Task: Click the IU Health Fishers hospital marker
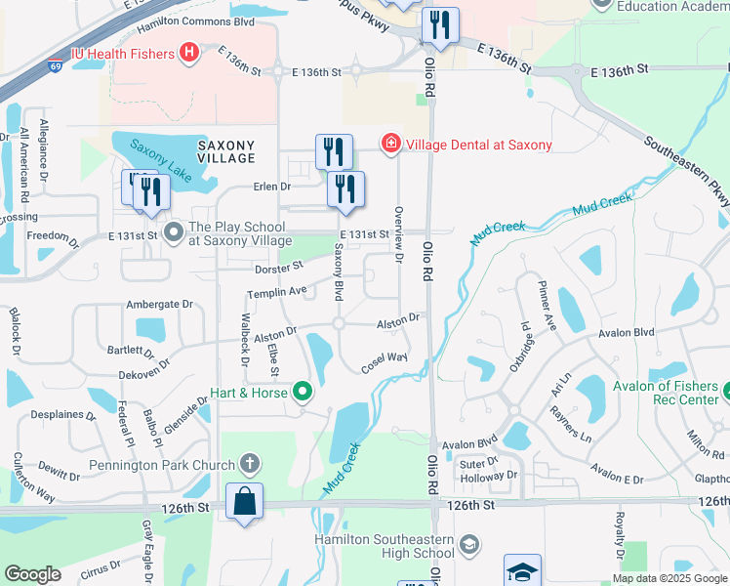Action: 190,52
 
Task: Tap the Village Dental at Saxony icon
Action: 391,145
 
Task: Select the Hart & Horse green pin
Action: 303,394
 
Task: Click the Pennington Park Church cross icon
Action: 249,464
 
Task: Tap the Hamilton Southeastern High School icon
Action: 468,545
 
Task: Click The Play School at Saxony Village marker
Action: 175,232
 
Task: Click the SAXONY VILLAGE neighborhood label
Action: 226,150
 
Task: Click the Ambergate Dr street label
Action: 160,305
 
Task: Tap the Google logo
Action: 33,574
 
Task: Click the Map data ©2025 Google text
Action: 669,577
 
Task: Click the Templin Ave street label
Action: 277,291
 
